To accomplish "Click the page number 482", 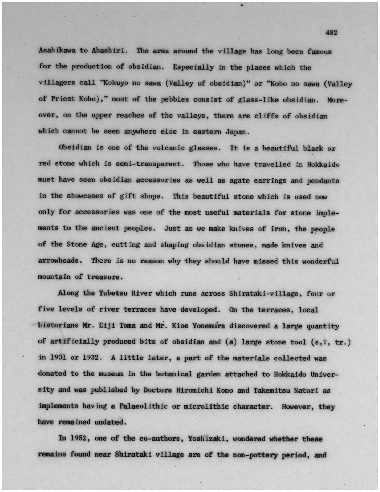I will [x=331, y=33].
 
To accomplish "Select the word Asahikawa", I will [x=57, y=50].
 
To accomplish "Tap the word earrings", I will [x=270, y=180].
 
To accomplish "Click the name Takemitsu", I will [x=271, y=390].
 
